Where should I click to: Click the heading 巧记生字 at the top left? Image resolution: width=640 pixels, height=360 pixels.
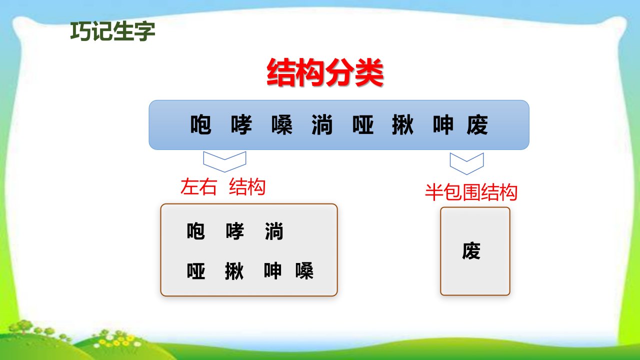pos(112,31)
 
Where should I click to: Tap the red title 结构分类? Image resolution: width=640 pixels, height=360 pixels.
pos(325,72)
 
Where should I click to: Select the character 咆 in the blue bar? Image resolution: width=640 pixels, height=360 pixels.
pos(201,124)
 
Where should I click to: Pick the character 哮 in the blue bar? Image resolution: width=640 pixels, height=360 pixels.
pos(241,124)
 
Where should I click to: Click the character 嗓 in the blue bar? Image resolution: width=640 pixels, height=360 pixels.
pos(282,124)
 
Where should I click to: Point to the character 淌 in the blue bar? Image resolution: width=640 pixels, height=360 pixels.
pos(322,124)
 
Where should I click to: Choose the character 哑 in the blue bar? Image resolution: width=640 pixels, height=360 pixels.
pos(363,124)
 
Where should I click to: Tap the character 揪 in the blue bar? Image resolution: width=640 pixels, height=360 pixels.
pos(403,124)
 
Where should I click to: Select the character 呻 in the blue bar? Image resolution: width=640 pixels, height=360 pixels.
pos(443,124)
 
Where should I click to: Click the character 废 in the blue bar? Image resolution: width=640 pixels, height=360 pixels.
pos(477,124)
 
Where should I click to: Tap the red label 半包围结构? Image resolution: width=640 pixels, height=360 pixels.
pos(471,192)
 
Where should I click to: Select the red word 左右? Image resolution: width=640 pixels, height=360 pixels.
pos(198,187)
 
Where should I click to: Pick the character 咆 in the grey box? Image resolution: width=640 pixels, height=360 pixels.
pos(195,231)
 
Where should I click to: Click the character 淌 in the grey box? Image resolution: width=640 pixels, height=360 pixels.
pos(274,231)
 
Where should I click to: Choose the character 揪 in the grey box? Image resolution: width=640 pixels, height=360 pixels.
pos(234,271)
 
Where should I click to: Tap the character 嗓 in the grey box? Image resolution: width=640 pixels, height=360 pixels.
pos(304,271)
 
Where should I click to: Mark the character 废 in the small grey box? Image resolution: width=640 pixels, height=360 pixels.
pos(471,251)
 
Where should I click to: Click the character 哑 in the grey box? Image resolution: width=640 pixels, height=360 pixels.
pos(195,271)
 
